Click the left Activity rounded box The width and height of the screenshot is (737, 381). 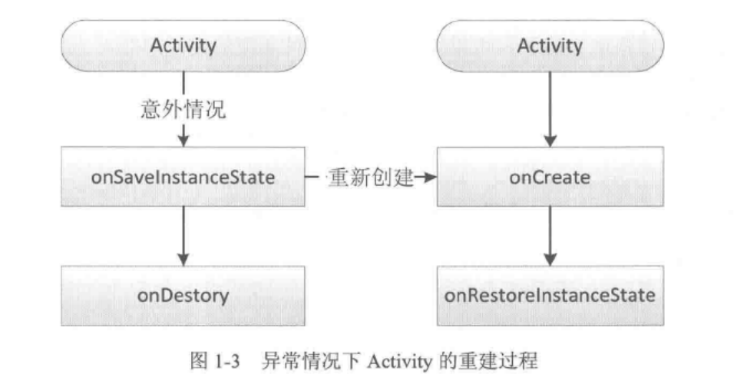[183, 45]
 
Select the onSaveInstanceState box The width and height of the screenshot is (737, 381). [183, 178]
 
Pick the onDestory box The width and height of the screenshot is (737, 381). [183, 294]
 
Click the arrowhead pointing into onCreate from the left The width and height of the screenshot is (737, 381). [429, 178]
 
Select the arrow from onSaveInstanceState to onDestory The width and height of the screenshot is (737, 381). [183, 235]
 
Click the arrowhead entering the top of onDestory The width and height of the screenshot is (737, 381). [183, 258]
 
